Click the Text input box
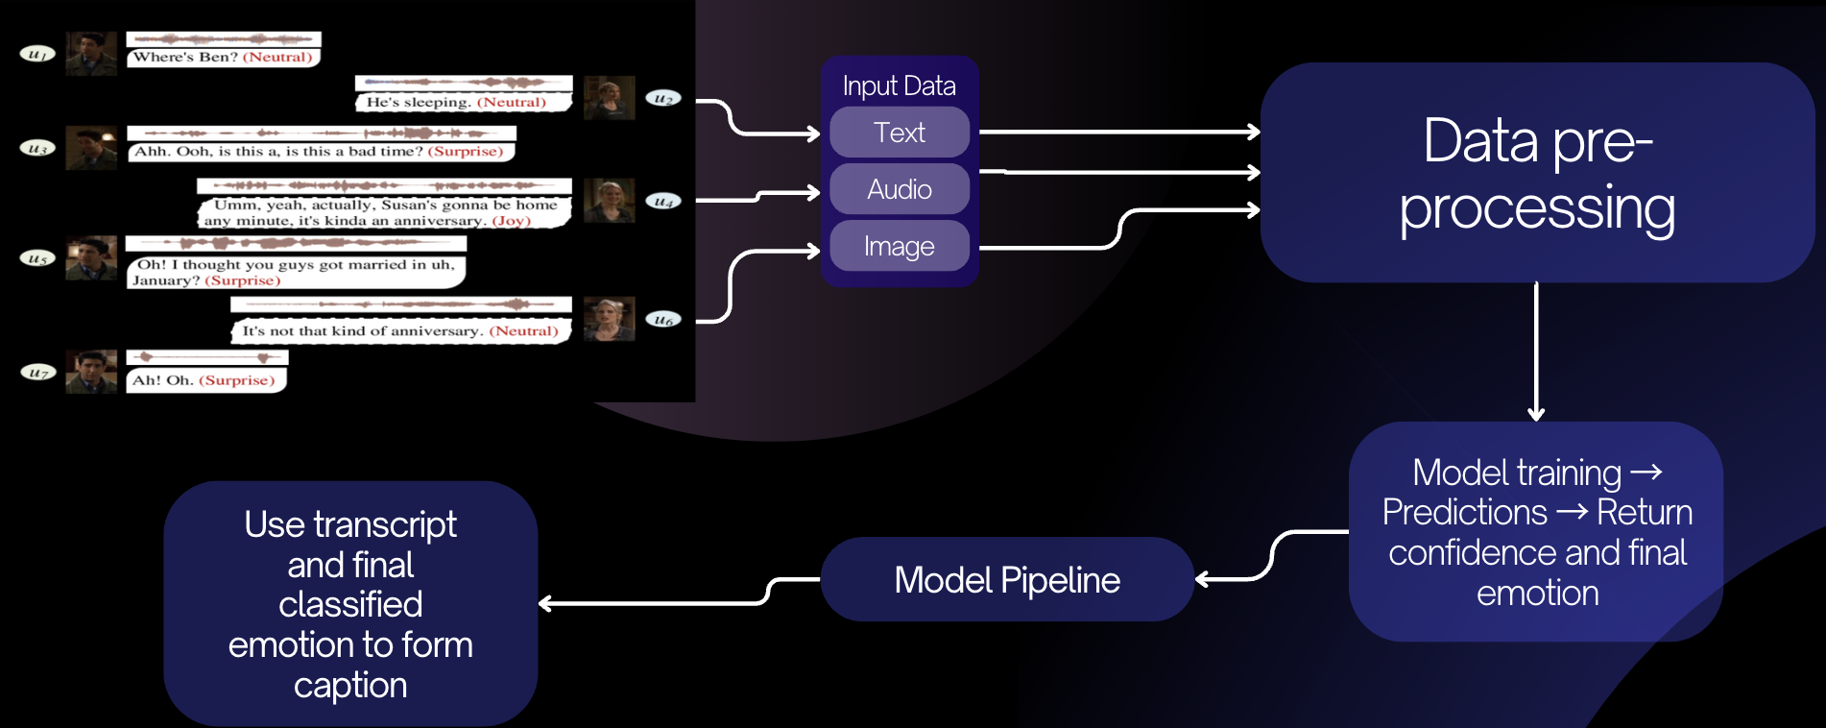[900, 133]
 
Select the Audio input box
[900, 189]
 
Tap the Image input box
[900, 246]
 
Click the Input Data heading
[900, 85]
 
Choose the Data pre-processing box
[1537, 173]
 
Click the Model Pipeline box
[1007, 580]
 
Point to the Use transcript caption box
[350, 603]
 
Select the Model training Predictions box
[1536, 532]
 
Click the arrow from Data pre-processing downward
[1536, 351]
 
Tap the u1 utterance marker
[37, 54]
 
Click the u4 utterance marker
[663, 201]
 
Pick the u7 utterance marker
[37, 372]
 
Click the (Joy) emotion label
[512, 221]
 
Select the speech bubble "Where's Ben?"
[223, 58]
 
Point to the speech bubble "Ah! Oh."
[204, 380]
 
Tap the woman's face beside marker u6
[609, 318]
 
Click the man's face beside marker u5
[91, 257]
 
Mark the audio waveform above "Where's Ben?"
[224, 39]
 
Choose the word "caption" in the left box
[350, 686]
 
